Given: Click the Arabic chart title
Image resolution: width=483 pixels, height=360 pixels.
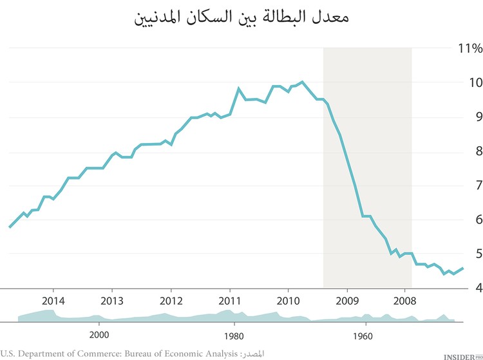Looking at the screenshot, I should pyautogui.click(x=241, y=19).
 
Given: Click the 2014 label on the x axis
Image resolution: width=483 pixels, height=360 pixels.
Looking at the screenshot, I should pyautogui.click(x=53, y=301).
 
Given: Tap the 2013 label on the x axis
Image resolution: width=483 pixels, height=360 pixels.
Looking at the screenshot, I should pyautogui.click(x=112, y=301).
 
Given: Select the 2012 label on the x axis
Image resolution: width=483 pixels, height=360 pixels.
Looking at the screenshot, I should pyautogui.click(x=171, y=301).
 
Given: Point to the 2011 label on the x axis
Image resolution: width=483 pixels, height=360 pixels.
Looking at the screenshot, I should pyautogui.click(x=230, y=301).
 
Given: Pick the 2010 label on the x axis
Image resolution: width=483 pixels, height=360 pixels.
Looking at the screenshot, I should pyautogui.click(x=288, y=301).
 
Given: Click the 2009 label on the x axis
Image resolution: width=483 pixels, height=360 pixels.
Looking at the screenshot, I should pyautogui.click(x=347, y=301).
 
